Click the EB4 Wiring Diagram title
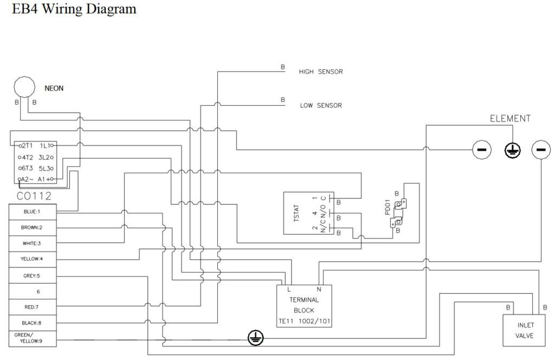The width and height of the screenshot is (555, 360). coord(74,9)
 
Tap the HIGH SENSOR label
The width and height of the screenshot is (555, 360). coord(321,72)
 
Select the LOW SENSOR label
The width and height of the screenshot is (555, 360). coord(321,106)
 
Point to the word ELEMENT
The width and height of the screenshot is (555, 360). coord(510,119)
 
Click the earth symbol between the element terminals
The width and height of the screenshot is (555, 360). coord(512,150)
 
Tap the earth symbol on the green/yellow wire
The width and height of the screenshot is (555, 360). coord(255,338)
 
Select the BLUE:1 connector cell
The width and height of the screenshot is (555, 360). coord(33,211)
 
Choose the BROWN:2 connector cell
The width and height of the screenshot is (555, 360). coord(33,228)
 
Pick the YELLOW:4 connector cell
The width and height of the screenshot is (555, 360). coord(33,259)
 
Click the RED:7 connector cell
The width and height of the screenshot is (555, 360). coord(33,307)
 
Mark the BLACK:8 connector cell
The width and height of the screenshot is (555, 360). coord(33,323)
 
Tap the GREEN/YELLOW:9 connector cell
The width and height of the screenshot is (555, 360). coord(33,338)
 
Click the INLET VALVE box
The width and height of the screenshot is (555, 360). coord(525,330)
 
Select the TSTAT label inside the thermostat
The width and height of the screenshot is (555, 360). coord(296,213)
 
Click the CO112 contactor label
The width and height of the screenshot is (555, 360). coord(34,196)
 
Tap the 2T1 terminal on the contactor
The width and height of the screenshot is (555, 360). coord(26,145)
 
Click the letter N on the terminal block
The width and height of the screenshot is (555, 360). coord(319,290)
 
